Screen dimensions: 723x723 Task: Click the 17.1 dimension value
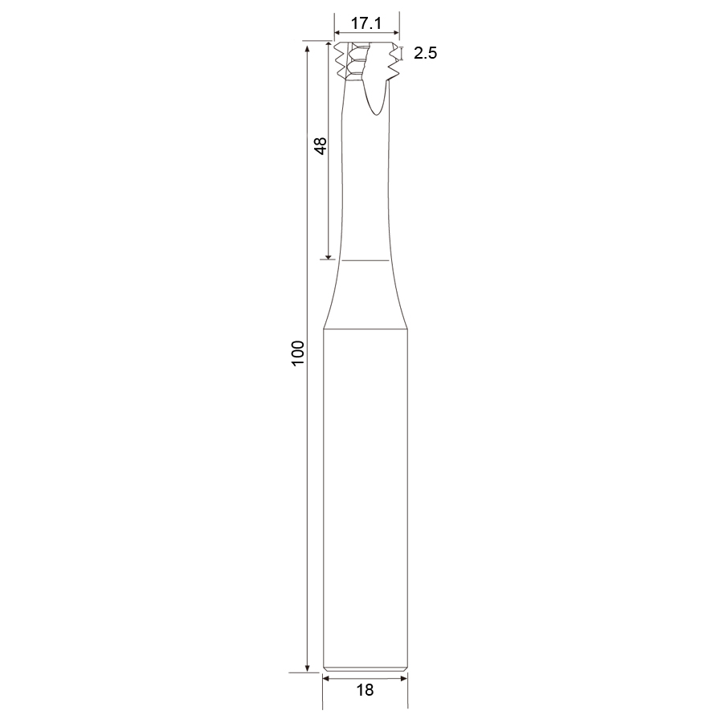pos(366,22)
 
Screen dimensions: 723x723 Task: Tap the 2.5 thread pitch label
pos(425,54)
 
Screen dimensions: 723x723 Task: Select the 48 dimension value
pos(320,146)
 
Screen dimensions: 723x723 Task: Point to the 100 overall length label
pos(298,353)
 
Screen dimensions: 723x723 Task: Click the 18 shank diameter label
pos(365,690)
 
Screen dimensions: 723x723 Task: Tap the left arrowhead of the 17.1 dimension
pos(337,33)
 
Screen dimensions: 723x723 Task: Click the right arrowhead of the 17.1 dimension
pos(396,33)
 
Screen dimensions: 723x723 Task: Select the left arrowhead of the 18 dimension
pos(325,678)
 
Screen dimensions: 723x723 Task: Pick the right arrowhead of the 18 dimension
pos(404,678)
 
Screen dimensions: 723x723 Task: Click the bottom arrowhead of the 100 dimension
pos(307,669)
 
